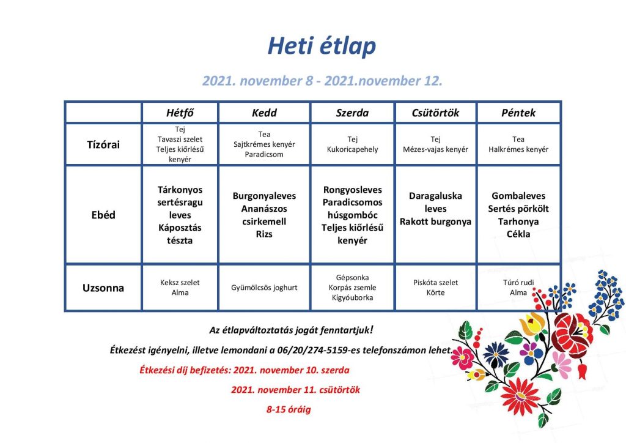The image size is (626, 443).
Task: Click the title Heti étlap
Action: pos(322,46)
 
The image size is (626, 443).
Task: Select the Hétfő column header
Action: pos(180,113)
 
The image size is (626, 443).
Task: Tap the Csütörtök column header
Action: pos(435,113)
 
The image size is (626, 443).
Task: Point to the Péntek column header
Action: pos(518,113)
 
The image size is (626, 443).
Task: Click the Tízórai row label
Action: pos(103,144)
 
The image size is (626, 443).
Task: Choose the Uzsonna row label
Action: pos(103,288)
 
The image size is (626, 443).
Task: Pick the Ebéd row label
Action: pos(103,215)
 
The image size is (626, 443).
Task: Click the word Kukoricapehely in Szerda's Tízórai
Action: pos(353,149)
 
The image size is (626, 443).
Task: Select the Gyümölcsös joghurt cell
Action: pos(264,288)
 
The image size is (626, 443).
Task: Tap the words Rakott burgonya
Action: pos(435,221)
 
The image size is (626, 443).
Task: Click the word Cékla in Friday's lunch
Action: pos(518,234)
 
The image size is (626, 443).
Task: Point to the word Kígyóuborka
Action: pos(353,297)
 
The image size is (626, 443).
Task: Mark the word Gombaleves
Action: pos(518,196)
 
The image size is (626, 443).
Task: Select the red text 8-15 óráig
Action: pos(289,409)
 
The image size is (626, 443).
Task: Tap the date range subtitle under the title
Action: pos(322,81)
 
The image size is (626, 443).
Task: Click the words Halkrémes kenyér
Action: pos(518,149)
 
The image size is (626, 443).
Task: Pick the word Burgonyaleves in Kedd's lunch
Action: pos(264,196)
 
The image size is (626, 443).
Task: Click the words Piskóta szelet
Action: pos(435,283)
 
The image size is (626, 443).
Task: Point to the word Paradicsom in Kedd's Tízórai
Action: pos(264,154)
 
